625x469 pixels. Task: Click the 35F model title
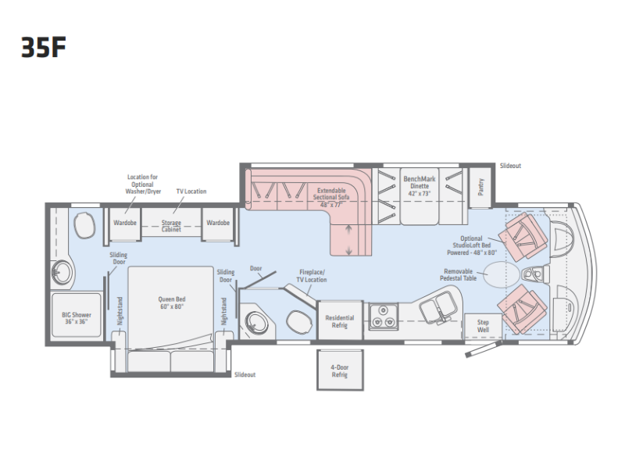tap(44, 48)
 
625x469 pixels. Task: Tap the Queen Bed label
tap(172, 303)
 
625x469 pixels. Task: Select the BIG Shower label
tap(76, 318)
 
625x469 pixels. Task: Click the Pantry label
tap(481, 187)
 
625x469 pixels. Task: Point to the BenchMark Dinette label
tap(420, 186)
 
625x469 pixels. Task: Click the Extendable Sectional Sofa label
tap(331, 198)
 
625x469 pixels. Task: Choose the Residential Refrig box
tap(340, 321)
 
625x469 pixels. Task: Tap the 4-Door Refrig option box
tap(340, 370)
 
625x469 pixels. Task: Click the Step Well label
tap(483, 326)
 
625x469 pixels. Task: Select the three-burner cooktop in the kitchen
tap(383, 317)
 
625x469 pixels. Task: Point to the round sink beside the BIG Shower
tap(62, 273)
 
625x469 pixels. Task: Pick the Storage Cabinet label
tap(171, 226)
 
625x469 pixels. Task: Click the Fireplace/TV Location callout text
tap(312, 276)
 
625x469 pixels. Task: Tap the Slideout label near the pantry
tap(511, 166)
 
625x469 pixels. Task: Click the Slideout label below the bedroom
tap(245, 374)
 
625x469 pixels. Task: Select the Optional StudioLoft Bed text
tap(472, 245)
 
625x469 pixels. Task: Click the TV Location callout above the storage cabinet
tap(191, 191)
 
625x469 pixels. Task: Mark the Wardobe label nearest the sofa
tap(218, 223)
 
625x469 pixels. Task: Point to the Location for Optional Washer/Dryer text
tap(143, 184)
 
